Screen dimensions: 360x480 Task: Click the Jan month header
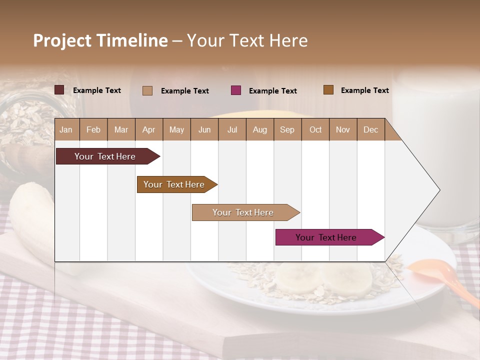(x=66, y=129)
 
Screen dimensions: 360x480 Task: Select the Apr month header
(x=148, y=129)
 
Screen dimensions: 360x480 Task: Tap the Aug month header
(x=259, y=129)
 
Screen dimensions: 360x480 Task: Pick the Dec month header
(x=370, y=129)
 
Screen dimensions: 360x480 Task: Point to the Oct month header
(x=315, y=129)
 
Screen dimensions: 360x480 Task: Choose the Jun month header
(x=204, y=129)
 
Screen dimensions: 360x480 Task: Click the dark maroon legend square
(x=59, y=90)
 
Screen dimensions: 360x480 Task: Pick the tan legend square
(x=147, y=90)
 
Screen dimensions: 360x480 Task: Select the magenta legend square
(x=235, y=90)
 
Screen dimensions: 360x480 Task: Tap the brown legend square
(x=328, y=90)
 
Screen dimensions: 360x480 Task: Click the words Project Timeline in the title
(x=100, y=40)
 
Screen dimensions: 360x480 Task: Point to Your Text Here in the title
(x=247, y=40)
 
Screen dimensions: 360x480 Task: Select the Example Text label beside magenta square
(x=272, y=91)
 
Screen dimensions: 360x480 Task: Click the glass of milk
(x=437, y=150)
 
